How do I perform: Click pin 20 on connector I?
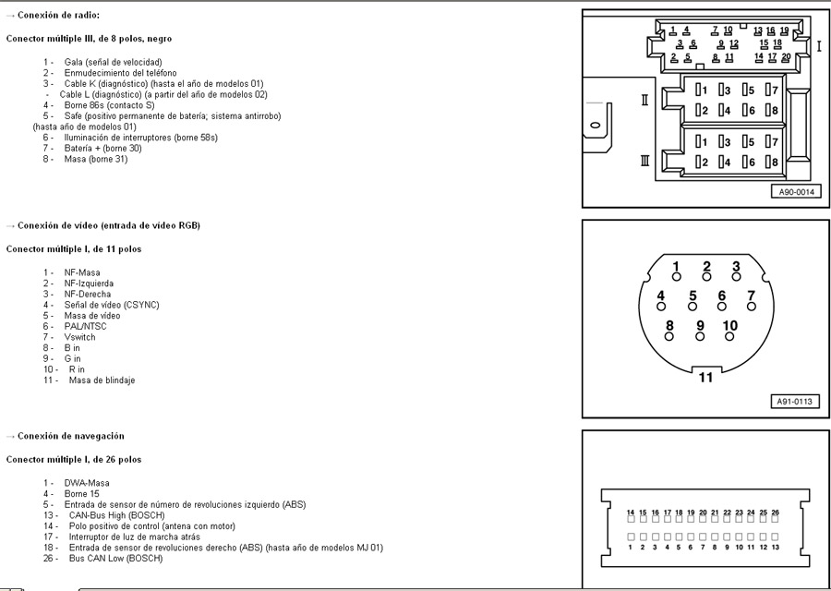click(785, 56)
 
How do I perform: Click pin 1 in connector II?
click(701, 90)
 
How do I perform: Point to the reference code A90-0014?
click(795, 192)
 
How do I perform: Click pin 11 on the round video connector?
click(705, 377)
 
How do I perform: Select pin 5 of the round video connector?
click(692, 303)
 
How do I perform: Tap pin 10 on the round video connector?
click(729, 332)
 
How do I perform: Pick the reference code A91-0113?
click(795, 403)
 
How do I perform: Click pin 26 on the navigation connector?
click(775, 520)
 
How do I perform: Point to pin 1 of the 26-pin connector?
click(631, 537)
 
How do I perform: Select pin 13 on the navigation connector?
click(775, 537)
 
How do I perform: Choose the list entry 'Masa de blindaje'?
click(102, 380)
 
